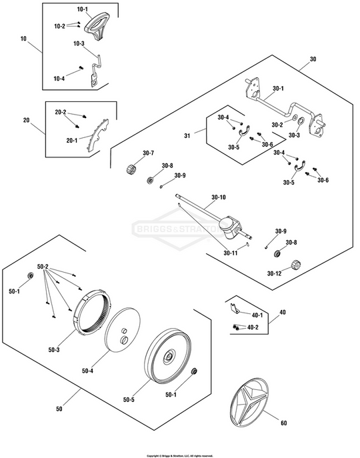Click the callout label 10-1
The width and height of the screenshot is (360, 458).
pos(83,9)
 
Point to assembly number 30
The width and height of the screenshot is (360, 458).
pos(313,59)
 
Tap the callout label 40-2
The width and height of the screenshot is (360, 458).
pos(253,327)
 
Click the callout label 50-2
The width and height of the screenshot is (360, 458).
pos(43,267)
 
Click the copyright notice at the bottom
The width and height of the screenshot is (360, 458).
pos(180,455)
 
